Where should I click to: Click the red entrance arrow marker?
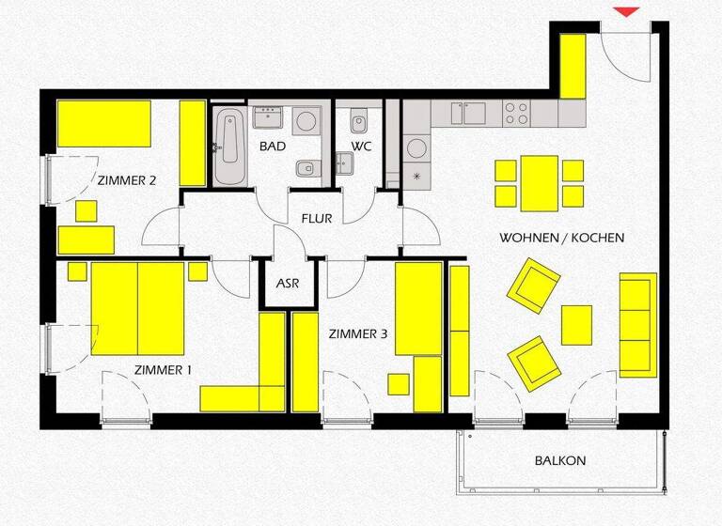point(627,11)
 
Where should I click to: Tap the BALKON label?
point(560,461)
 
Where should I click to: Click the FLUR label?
point(317,219)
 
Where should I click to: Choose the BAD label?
point(273,147)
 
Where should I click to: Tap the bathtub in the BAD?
point(228,148)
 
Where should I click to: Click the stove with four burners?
point(516,114)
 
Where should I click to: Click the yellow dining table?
point(540,183)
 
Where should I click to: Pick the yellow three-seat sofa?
point(637,324)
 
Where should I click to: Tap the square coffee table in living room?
point(576,325)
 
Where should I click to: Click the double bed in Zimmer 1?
point(138,308)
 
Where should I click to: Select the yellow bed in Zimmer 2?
point(104,123)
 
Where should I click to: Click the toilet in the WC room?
point(358,122)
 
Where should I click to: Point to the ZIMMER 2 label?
point(125,180)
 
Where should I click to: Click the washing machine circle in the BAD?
point(305,122)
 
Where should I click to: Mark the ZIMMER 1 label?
point(163,370)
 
